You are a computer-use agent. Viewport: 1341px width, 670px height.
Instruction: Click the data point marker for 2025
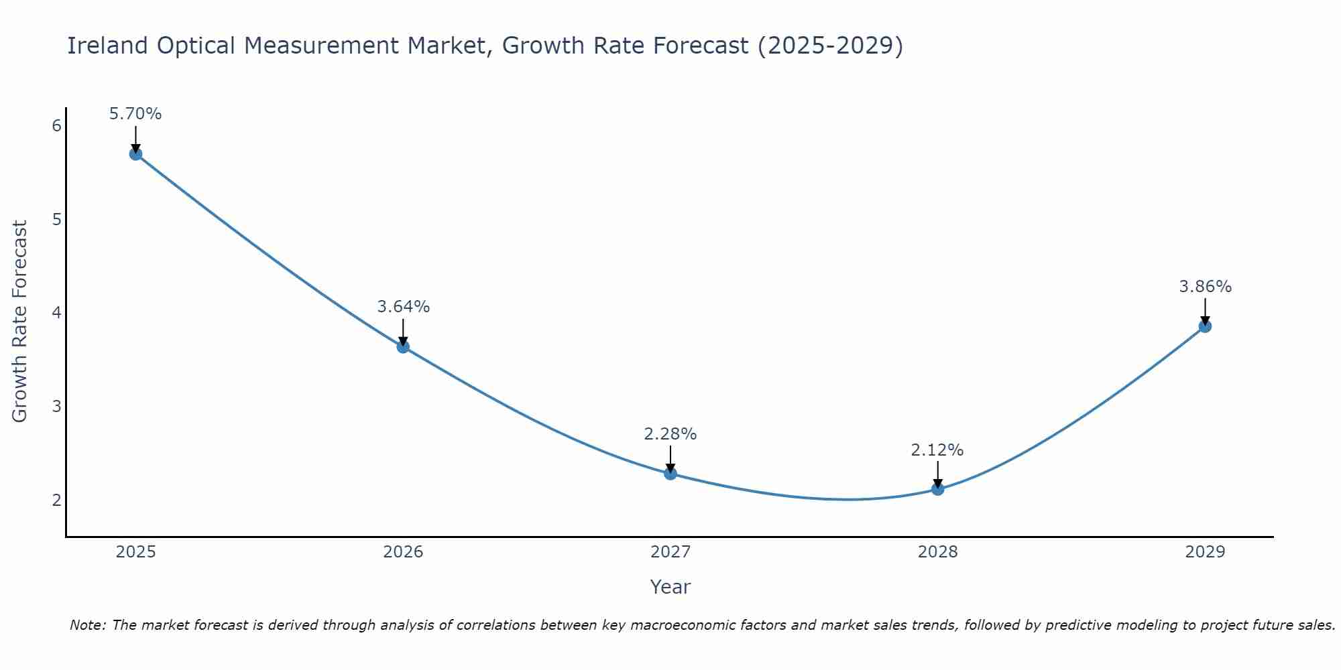pyautogui.click(x=135, y=154)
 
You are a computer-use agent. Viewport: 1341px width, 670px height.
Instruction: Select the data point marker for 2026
pyautogui.click(x=403, y=346)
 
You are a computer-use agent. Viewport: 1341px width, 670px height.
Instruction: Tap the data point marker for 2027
pyautogui.click(x=670, y=474)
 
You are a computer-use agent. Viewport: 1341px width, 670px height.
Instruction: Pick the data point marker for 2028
pyautogui.click(x=937, y=489)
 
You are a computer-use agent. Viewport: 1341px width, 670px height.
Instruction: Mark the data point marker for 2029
pyautogui.click(x=1205, y=326)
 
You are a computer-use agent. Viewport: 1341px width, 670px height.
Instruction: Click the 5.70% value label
pyautogui.click(x=135, y=114)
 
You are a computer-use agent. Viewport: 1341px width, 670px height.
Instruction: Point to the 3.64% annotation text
pyautogui.click(x=403, y=307)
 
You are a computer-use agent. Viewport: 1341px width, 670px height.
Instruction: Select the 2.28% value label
pyautogui.click(x=670, y=434)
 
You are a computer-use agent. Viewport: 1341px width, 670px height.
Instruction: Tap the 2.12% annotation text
pyautogui.click(x=937, y=450)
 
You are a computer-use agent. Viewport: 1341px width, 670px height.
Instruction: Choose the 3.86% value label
pyautogui.click(x=1205, y=287)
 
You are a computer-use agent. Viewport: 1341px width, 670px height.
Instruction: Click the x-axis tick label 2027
pyautogui.click(x=670, y=552)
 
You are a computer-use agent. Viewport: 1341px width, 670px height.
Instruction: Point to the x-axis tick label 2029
pyautogui.click(x=1205, y=552)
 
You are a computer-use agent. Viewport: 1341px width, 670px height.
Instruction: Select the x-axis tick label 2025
pyautogui.click(x=135, y=552)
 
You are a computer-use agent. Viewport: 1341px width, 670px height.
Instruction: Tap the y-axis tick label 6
pyautogui.click(x=57, y=126)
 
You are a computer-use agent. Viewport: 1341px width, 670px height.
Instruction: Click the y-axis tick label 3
pyautogui.click(x=57, y=407)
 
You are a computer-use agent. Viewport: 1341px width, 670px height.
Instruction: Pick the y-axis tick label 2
pyautogui.click(x=57, y=500)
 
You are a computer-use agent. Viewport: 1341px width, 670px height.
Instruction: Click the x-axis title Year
pyautogui.click(x=670, y=587)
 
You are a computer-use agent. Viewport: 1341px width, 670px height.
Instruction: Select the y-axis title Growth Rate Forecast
pyautogui.click(x=20, y=322)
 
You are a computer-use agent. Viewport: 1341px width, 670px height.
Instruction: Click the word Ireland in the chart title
pyautogui.click(x=107, y=46)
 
